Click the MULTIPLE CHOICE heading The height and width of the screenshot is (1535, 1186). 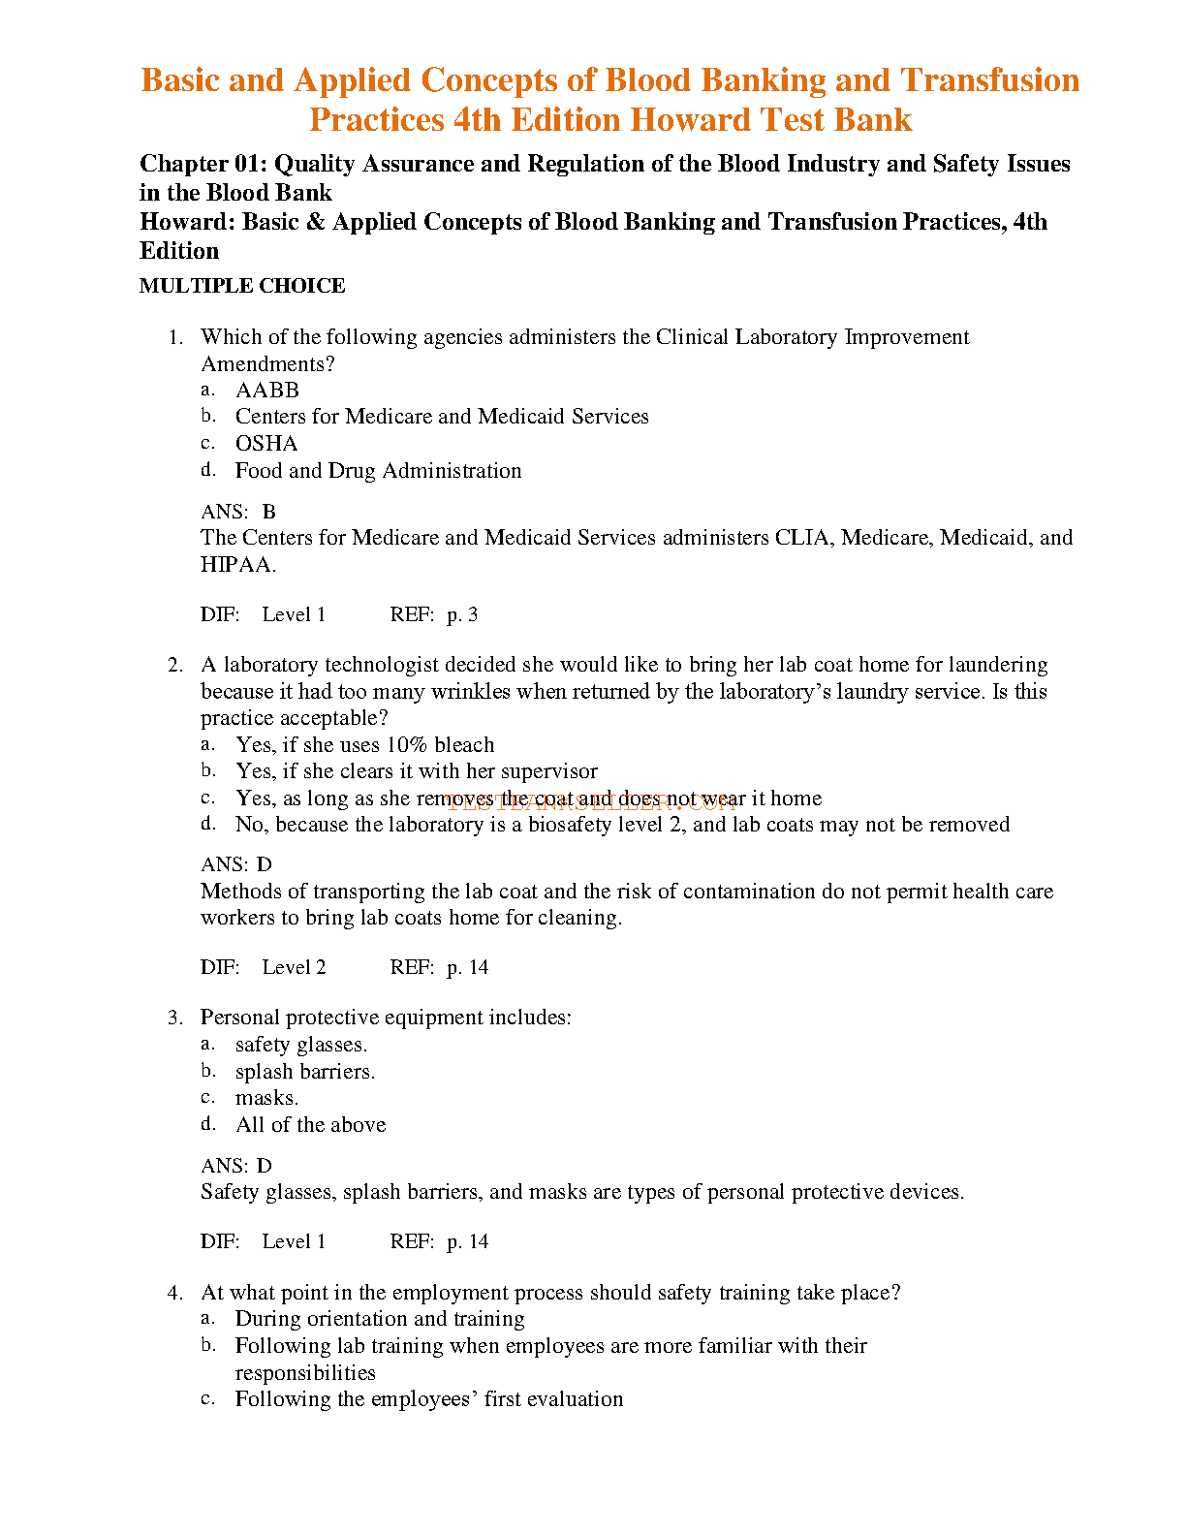coord(242,286)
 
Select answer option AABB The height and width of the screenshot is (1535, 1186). coord(267,391)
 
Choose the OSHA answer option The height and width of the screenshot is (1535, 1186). coord(266,444)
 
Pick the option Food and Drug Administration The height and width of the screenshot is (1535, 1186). coord(378,471)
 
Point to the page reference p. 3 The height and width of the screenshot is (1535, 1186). coord(462,614)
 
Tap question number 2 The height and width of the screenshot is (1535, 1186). coord(175,666)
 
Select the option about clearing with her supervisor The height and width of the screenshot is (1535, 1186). coord(417,771)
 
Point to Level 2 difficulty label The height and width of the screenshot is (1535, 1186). coord(294,967)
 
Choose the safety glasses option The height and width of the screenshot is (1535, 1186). coord(301,1045)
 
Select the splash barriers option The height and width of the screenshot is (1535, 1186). coord(305,1072)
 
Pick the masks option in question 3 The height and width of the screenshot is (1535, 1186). coord(266,1098)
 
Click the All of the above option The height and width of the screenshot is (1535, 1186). coord(310,1125)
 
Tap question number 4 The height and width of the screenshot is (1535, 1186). coord(175,1293)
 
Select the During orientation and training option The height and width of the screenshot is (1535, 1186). coord(380,1319)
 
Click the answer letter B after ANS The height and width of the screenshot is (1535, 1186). coord(269,512)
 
